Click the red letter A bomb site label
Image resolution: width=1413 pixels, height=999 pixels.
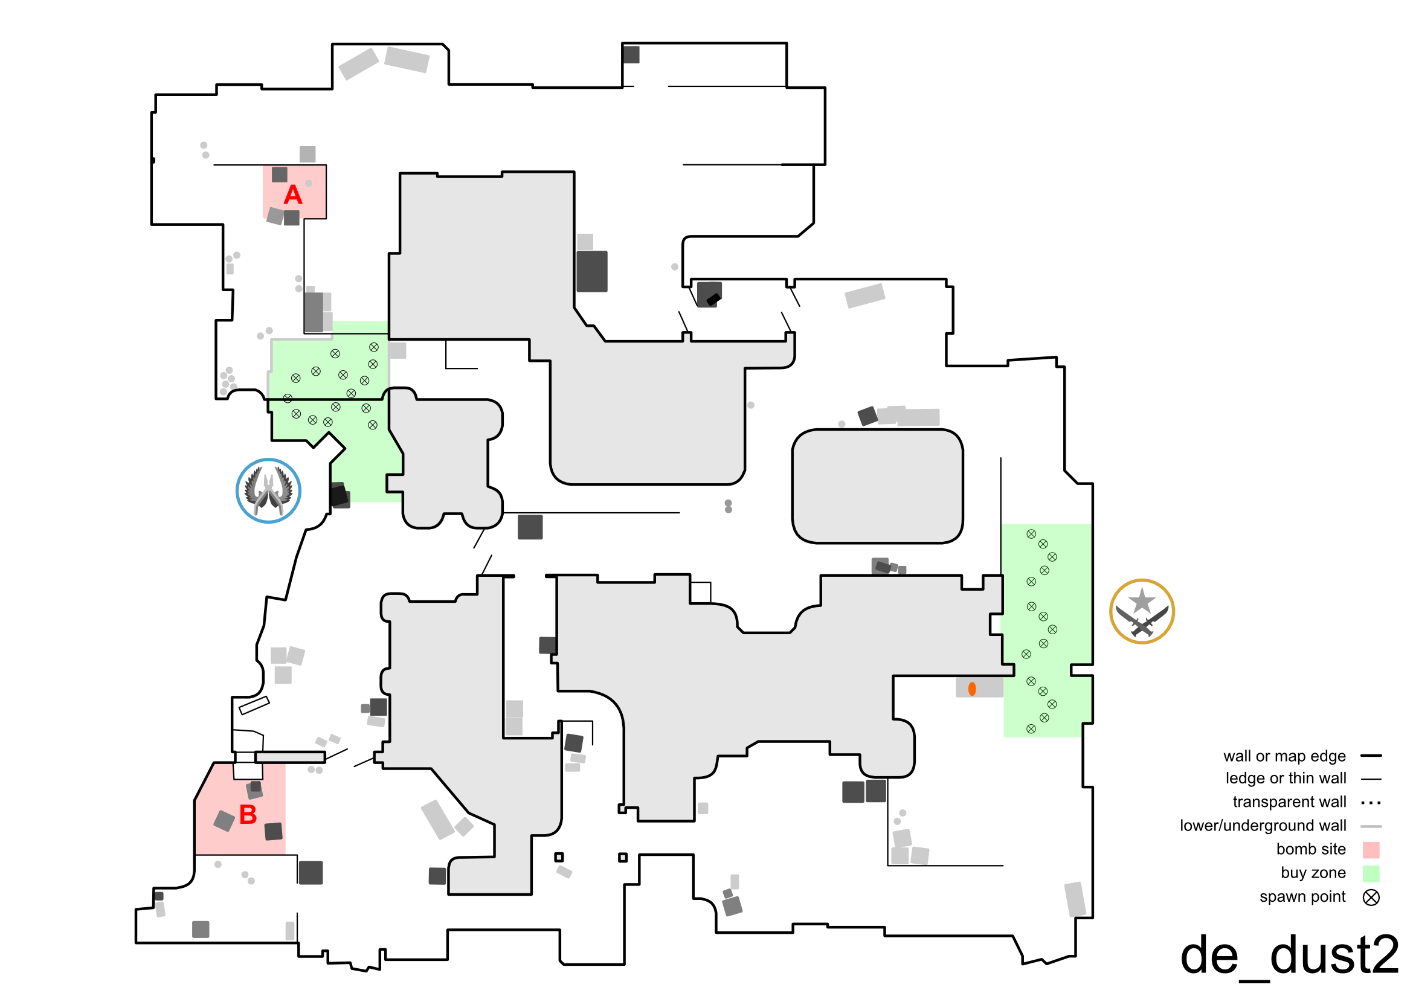tap(293, 196)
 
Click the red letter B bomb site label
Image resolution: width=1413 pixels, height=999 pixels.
tap(248, 815)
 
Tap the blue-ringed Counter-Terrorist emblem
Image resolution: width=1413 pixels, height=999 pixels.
tap(268, 491)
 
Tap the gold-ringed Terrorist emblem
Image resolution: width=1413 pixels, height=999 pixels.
tap(1142, 611)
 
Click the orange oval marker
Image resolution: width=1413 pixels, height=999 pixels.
tap(972, 689)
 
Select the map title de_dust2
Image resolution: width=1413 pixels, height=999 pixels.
tap(1289, 956)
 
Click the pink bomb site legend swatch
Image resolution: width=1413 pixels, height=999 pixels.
tap(1371, 850)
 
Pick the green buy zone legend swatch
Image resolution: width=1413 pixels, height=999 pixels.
tap(1371, 873)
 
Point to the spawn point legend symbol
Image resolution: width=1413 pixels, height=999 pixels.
tap(1371, 898)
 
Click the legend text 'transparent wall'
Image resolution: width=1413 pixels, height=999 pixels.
tap(1289, 802)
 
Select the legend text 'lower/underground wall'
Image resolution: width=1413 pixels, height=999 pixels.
tap(1262, 826)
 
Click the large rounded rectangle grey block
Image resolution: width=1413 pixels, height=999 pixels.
tap(877, 487)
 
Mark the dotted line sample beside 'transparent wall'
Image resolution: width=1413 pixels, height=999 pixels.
tap(1371, 803)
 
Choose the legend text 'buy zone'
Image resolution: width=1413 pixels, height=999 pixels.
tap(1313, 873)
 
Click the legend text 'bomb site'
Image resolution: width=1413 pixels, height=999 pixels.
tap(1310, 850)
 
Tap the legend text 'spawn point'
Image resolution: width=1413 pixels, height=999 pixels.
tap(1302, 897)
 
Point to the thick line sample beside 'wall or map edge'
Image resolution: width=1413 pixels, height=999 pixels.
tap(1371, 756)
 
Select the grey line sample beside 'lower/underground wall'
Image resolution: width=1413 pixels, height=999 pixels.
tap(1371, 826)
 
